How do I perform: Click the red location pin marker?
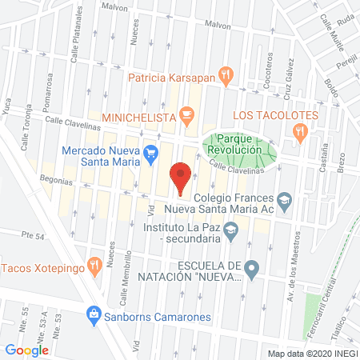[181, 178]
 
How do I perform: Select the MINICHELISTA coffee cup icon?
[186, 116]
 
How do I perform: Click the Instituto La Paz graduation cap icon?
[231, 232]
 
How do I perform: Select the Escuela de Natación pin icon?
[253, 270]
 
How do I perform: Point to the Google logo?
[26, 350]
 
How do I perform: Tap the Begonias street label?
[52, 182]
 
